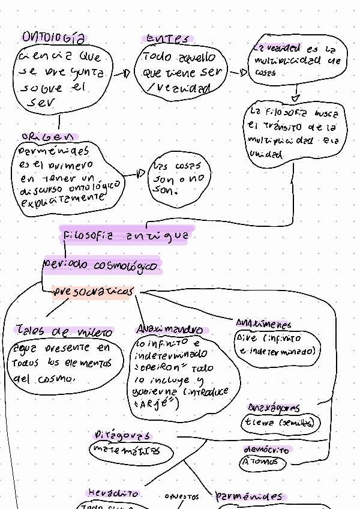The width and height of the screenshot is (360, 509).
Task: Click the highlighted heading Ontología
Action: point(53,38)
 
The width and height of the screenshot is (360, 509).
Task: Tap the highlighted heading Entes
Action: point(167,39)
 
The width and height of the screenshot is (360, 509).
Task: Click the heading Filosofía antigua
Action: point(127,236)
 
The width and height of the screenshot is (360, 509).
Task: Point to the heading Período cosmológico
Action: point(101,265)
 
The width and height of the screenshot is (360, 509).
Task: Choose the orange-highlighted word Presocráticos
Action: point(92,292)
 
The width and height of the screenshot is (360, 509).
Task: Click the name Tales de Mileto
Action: point(64,331)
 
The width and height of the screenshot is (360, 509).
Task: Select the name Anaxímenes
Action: point(263,324)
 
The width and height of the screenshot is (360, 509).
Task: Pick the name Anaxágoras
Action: point(274,408)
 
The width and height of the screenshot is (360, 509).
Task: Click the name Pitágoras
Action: point(123,435)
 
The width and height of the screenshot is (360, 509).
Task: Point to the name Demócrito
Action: point(266,450)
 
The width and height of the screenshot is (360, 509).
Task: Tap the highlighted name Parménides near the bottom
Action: point(248,496)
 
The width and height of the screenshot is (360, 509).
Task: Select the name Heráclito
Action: point(114,493)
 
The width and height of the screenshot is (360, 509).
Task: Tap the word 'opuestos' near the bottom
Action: point(182,497)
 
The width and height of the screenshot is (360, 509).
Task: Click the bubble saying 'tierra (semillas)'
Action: point(279,423)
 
